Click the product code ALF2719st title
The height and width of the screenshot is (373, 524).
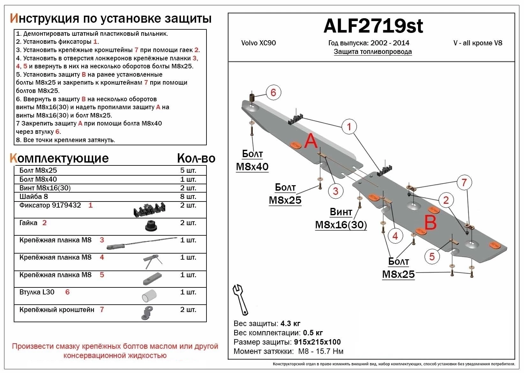coord(373,26)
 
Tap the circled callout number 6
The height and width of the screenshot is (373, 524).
coord(273,93)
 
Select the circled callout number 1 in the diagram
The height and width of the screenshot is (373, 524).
coord(349,127)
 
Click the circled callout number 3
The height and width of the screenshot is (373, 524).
coord(335,191)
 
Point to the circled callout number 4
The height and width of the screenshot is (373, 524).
coord(395,236)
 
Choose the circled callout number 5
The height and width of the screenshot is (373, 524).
coord(432,256)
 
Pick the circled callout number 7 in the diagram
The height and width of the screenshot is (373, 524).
coord(464,183)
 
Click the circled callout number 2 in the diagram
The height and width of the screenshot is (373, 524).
coord(446,200)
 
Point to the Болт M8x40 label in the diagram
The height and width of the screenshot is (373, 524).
coord(252,160)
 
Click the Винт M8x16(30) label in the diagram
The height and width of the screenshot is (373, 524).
coord(341,219)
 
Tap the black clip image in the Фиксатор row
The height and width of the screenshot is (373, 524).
coord(149,210)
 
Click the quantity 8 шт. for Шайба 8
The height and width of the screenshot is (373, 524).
coord(188,196)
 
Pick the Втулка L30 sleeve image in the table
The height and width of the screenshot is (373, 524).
coord(149,296)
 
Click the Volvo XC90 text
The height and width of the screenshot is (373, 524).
coord(258,43)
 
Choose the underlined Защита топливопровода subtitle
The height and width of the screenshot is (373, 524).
coord(373,52)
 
